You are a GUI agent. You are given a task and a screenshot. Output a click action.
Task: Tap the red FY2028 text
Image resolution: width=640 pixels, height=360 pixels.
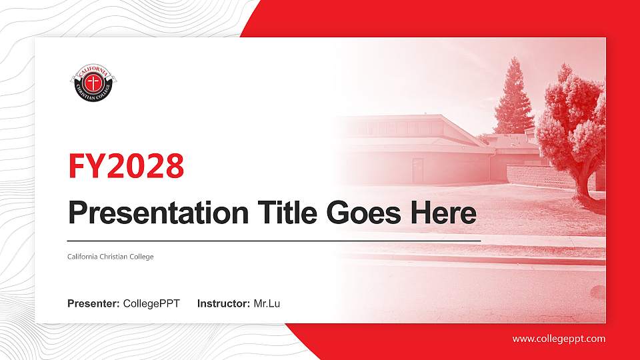tap(126, 166)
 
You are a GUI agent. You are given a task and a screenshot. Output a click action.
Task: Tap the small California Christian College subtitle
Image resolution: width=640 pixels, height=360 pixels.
tap(111, 257)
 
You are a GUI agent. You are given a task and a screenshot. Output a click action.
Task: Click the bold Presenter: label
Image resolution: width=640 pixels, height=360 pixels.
tap(93, 304)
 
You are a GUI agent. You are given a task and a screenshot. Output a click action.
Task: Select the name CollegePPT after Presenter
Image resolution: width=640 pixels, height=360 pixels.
tap(151, 304)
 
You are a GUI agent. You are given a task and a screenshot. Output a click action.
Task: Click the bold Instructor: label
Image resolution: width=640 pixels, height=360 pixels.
tap(224, 304)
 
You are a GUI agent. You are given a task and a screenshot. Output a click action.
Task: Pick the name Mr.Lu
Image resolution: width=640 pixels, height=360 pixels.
tap(267, 304)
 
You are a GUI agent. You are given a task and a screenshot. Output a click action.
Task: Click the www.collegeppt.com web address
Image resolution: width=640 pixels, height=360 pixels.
tap(559, 339)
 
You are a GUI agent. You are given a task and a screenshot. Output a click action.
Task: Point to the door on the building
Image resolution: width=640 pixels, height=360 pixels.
tap(418, 171)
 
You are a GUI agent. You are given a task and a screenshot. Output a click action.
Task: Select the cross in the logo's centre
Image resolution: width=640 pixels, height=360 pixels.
tap(94, 83)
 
